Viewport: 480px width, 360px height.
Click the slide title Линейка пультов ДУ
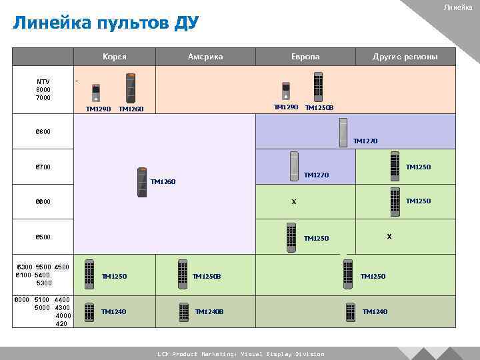click(x=106, y=24)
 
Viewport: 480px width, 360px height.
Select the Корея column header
click(x=115, y=57)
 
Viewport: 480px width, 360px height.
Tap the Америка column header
click(x=205, y=57)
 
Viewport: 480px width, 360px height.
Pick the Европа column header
click(x=305, y=57)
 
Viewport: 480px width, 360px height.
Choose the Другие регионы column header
click(x=405, y=57)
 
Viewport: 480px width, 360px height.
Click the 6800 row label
click(x=43, y=131)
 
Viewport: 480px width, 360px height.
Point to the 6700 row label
click(x=43, y=167)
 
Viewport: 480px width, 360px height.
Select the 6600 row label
click(x=43, y=201)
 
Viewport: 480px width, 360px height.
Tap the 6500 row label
click(x=43, y=237)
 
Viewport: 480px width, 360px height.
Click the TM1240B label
click(x=209, y=311)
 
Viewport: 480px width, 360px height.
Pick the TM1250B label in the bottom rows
click(x=207, y=276)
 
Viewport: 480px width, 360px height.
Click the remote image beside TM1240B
click(x=183, y=311)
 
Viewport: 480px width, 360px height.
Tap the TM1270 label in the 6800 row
click(x=365, y=141)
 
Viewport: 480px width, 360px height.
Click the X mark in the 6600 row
click(x=293, y=201)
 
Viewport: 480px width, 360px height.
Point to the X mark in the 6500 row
click(x=389, y=236)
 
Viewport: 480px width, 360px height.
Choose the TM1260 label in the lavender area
click(x=163, y=181)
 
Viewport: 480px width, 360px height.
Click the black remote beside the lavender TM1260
click(x=141, y=181)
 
